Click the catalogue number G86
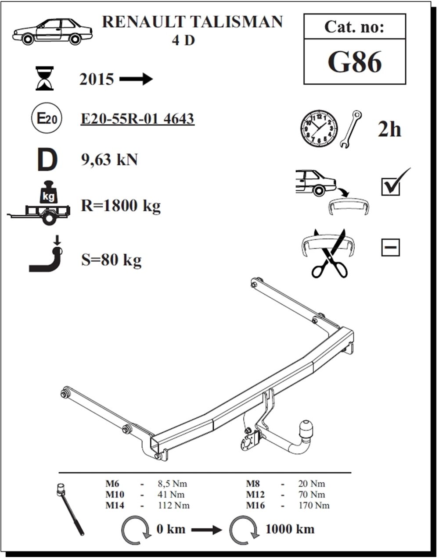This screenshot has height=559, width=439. pos(354,62)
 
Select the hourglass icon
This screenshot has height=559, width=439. pos(44,78)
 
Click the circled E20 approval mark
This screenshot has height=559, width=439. pos(47,118)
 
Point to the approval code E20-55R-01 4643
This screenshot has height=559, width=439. pos(137,119)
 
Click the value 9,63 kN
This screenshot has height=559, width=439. pos(109,160)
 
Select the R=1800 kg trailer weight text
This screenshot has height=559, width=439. pos(120,206)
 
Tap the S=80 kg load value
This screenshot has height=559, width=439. pos(111,260)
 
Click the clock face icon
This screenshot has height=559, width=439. pos(319,128)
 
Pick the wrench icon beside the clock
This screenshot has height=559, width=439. pos(351,129)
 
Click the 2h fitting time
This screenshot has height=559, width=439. pos(389,129)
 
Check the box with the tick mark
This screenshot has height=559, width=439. pos(391,186)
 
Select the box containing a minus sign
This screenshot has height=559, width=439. pos(391,248)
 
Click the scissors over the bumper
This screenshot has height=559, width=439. pos(330,253)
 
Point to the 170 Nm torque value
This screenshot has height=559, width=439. pos(314,506)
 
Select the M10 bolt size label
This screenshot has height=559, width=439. pos(115,495)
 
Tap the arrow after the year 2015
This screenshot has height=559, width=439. pos(136,79)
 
